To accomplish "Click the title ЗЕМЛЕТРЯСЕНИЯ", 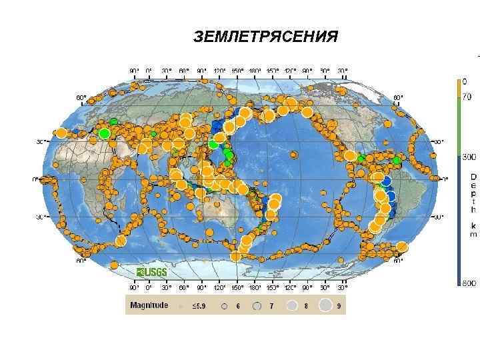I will [x=265, y=36].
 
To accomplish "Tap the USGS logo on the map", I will [x=152, y=272].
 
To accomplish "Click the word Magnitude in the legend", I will [x=149, y=305].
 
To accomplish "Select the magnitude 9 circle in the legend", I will [x=326, y=305].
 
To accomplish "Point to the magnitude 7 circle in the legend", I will [x=257, y=305].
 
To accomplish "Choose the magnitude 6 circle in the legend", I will [x=225, y=305].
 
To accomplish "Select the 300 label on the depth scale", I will [x=469, y=157].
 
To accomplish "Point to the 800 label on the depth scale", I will [x=469, y=283].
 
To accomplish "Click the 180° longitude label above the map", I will [x=255, y=69].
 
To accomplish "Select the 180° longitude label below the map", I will [x=255, y=288].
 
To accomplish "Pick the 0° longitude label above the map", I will [x=148, y=69].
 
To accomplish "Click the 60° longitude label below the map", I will [x=183, y=288].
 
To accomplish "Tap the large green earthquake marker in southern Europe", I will [x=105, y=134].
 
